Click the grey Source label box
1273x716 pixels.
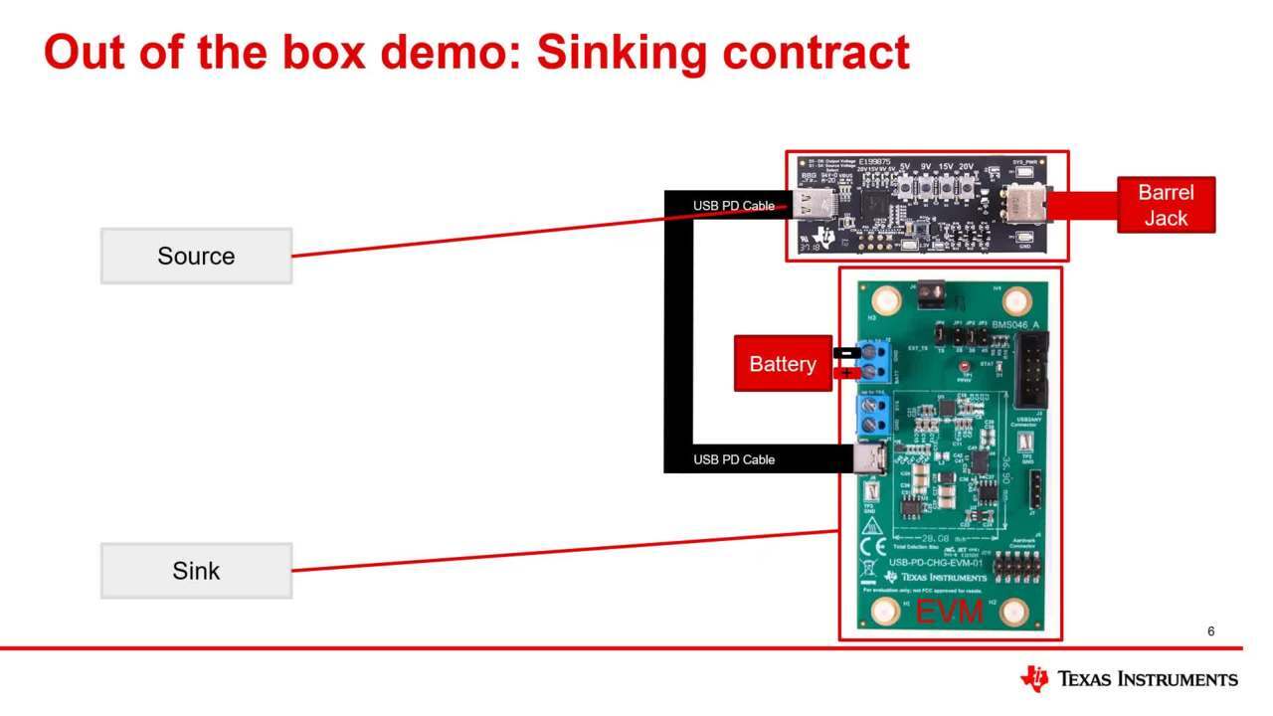point(196,256)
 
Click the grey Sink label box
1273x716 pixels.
point(196,571)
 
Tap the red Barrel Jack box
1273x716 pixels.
point(1166,205)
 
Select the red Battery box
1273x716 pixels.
point(783,364)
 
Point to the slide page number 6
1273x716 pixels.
point(1210,631)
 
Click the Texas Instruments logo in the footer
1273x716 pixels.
point(1128,679)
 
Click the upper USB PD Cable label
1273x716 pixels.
point(734,206)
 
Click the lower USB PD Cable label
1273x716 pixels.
point(734,459)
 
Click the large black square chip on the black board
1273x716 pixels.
point(876,205)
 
